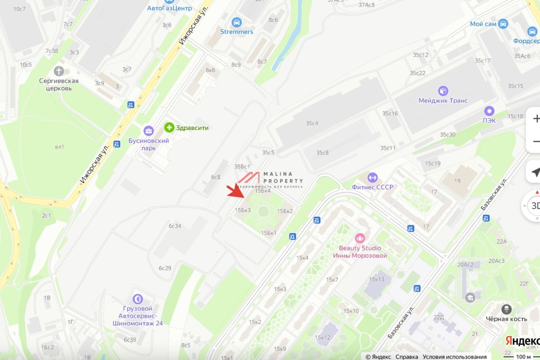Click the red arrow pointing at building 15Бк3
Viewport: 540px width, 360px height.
[237, 192]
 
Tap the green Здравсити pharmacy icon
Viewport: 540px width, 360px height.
[169, 128]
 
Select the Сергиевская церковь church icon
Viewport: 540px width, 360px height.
[58, 71]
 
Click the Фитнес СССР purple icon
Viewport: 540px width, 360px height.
[372, 177]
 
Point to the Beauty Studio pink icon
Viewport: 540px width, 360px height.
[360, 238]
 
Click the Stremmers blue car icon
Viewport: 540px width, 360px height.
[237, 22]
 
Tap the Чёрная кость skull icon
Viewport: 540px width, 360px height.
[506, 309]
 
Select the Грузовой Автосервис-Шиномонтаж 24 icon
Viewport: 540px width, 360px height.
[137, 299]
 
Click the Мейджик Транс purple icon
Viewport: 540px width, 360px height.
[443, 91]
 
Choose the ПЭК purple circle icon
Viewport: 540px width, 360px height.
[489, 111]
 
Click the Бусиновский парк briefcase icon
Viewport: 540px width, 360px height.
[148, 131]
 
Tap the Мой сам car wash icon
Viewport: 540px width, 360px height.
[503, 24]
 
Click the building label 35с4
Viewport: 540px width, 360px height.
[312, 123]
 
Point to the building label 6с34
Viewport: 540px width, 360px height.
[175, 226]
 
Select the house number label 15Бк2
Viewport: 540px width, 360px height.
[285, 211]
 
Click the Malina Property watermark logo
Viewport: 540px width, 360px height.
[270, 179]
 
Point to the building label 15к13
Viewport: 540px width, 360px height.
[377, 279]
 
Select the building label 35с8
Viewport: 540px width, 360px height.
[322, 153]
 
